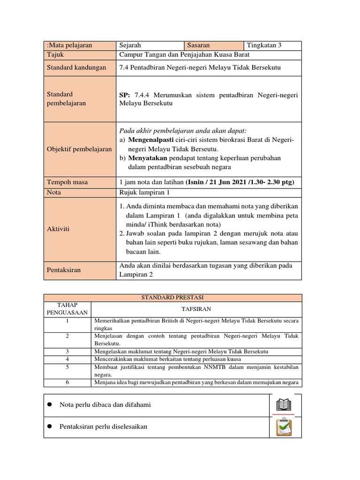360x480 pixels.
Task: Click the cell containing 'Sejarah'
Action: (x=130, y=45)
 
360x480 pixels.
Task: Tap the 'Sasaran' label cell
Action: (x=198, y=45)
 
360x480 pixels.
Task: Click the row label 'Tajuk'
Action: (x=55, y=54)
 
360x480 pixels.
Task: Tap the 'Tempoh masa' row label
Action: (x=67, y=182)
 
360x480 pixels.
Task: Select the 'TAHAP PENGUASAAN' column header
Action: (x=67, y=309)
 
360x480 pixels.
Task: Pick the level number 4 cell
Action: (x=67, y=359)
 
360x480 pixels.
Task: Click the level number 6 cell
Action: (x=67, y=382)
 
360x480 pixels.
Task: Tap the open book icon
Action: (x=284, y=405)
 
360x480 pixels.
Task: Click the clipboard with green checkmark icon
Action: (x=284, y=427)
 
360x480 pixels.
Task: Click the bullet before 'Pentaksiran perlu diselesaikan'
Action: (x=49, y=427)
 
